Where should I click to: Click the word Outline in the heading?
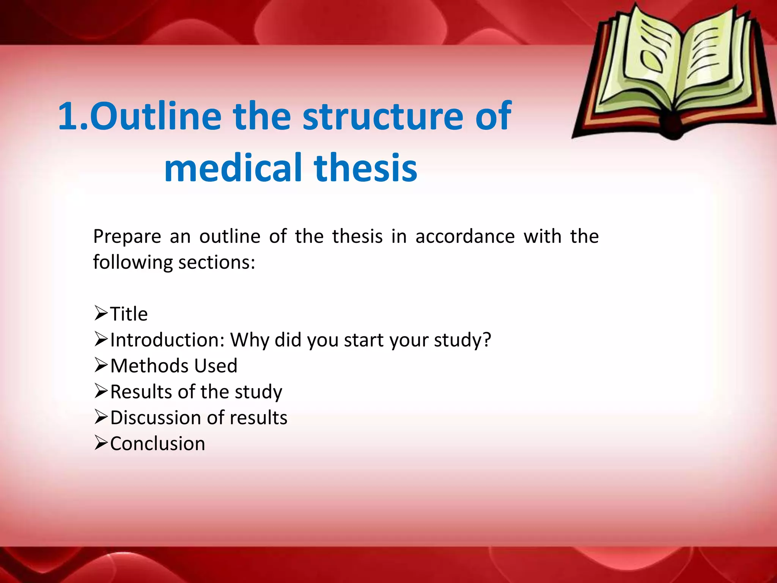156,117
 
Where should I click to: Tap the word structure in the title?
383,117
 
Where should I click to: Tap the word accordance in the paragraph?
465,236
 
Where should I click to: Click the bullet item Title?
129,314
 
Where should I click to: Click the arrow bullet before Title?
101,314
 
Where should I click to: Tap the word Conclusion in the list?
157,444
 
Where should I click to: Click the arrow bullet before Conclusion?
101,443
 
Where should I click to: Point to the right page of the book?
713,57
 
